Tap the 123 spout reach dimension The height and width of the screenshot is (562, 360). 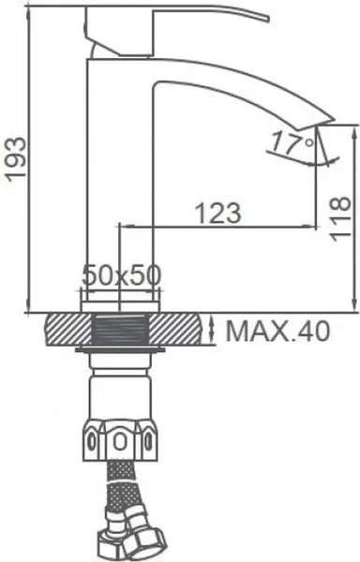(217, 213)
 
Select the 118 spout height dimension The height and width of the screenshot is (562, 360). (338, 218)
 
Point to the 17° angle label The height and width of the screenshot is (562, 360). (292, 142)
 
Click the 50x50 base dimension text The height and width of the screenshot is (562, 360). (122, 275)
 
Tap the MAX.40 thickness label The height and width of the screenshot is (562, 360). (277, 331)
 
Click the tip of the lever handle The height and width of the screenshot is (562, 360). (267, 19)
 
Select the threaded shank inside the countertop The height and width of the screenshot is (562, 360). (121, 330)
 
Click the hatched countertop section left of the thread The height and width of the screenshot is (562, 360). (68, 330)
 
